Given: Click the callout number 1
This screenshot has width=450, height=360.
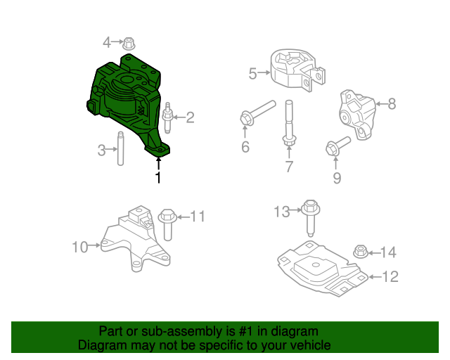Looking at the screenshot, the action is [x=158, y=178].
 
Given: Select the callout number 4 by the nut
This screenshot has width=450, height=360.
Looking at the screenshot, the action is [x=107, y=42].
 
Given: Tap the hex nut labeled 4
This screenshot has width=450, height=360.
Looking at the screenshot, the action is [x=129, y=43].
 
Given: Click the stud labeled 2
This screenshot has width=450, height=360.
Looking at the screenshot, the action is [x=167, y=118].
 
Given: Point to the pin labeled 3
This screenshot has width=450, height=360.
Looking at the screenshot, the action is [x=120, y=148].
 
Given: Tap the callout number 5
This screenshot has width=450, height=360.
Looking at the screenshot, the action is [x=253, y=72].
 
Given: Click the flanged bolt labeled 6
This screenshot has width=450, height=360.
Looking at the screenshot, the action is [x=257, y=112].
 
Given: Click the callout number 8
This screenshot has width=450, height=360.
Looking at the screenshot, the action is [x=392, y=104].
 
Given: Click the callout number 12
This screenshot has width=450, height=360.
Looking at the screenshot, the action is [x=390, y=276].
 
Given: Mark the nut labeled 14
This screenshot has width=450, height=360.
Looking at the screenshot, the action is [x=359, y=251].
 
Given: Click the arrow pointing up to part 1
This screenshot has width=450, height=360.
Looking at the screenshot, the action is [x=158, y=164].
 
